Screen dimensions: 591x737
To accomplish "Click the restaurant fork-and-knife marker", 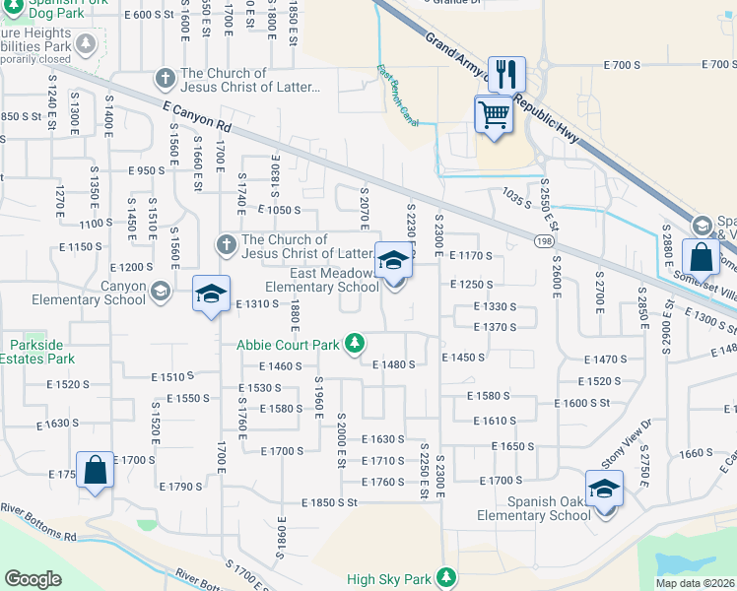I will pyautogui.click(x=506, y=74).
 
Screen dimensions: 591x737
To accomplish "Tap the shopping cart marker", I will pyautogui.click(x=494, y=114).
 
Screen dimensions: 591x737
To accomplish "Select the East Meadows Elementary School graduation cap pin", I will pyautogui.click(x=393, y=262).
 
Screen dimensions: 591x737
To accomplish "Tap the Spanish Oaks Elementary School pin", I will pyautogui.click(x=604, y=490).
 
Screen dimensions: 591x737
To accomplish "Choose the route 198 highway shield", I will pyautogui.click(x=545, y=240).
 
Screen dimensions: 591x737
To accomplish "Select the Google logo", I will pyautogui.click(x=33, y=579).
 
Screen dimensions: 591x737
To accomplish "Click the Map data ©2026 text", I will pyautogui.click(x=695, y=583).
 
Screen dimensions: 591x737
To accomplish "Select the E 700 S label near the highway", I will pyautogui.click(x=621, y=65).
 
